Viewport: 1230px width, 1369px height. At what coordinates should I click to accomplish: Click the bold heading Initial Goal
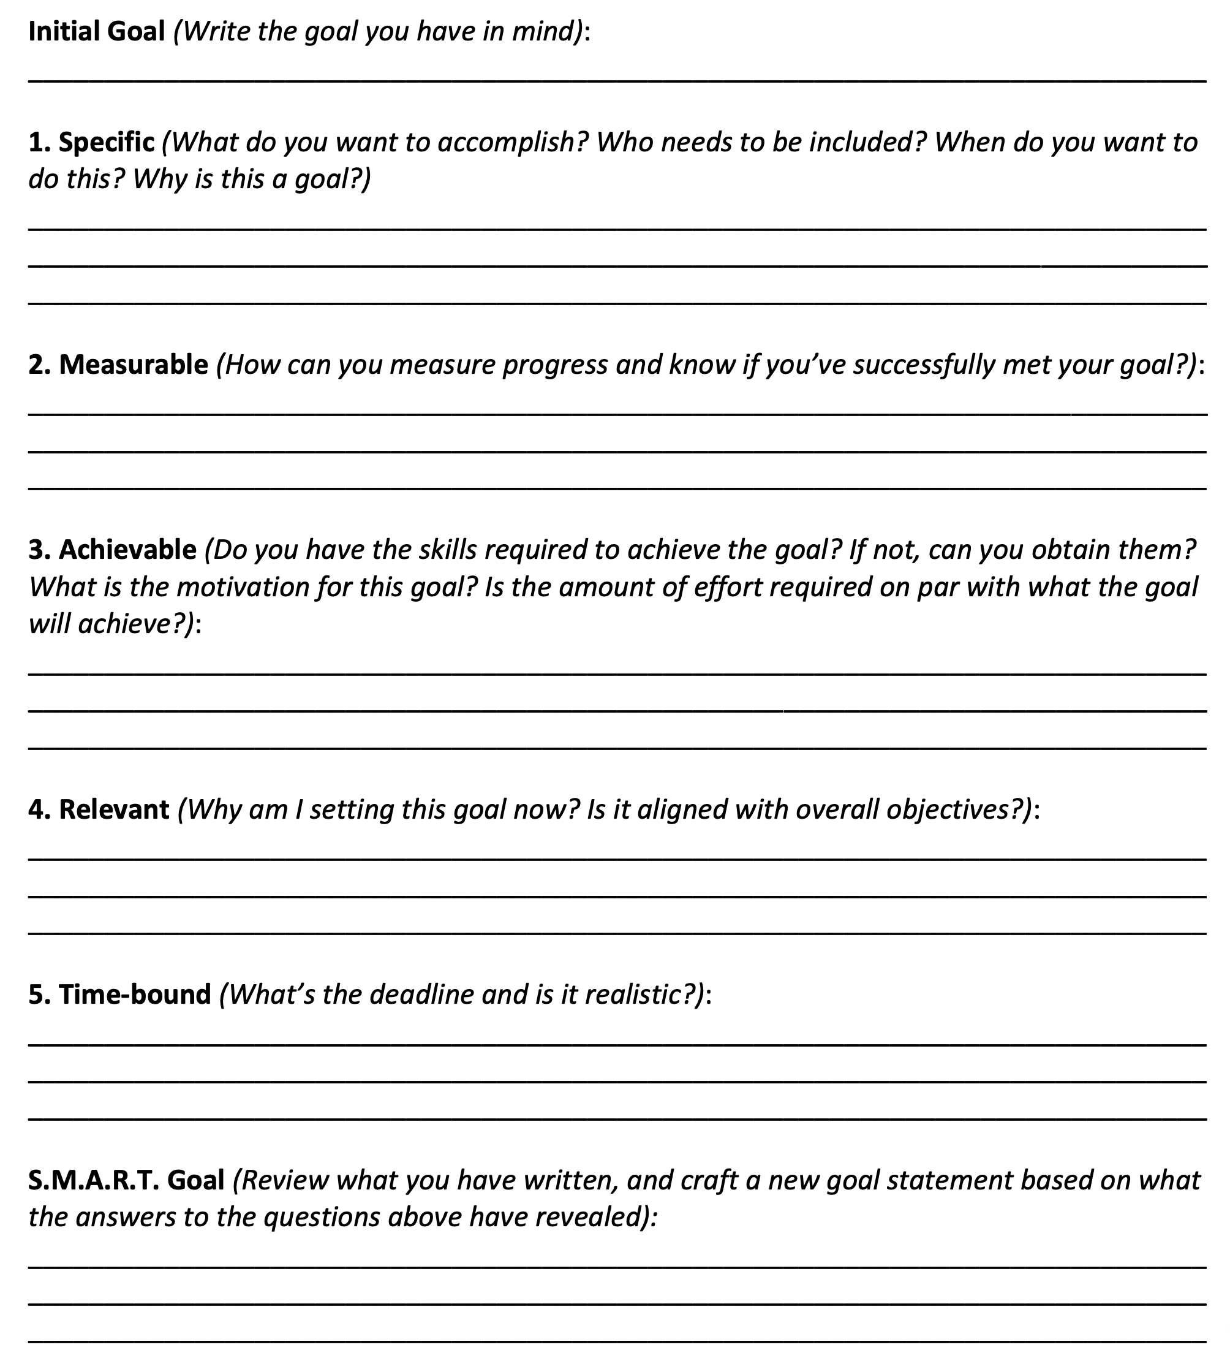click(x=97, y=32)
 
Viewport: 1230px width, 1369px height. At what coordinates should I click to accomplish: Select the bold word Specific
click(x=107, y=142)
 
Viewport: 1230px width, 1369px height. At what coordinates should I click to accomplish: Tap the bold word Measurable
click(x=134, y=365)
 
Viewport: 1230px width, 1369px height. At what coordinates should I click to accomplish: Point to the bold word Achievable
click(x=128, y=550)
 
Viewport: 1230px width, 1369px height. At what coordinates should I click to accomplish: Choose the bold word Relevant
click(x=114, y=810)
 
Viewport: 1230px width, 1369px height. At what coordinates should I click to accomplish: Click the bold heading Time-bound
click(x=135, y=995)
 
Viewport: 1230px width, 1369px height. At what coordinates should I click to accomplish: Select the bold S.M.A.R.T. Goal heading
click(x=126, y=1180)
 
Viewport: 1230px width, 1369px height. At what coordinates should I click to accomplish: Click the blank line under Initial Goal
click(x=616, y=80)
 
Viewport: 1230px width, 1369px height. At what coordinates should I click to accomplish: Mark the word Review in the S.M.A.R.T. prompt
click(x=284, y=1180)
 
